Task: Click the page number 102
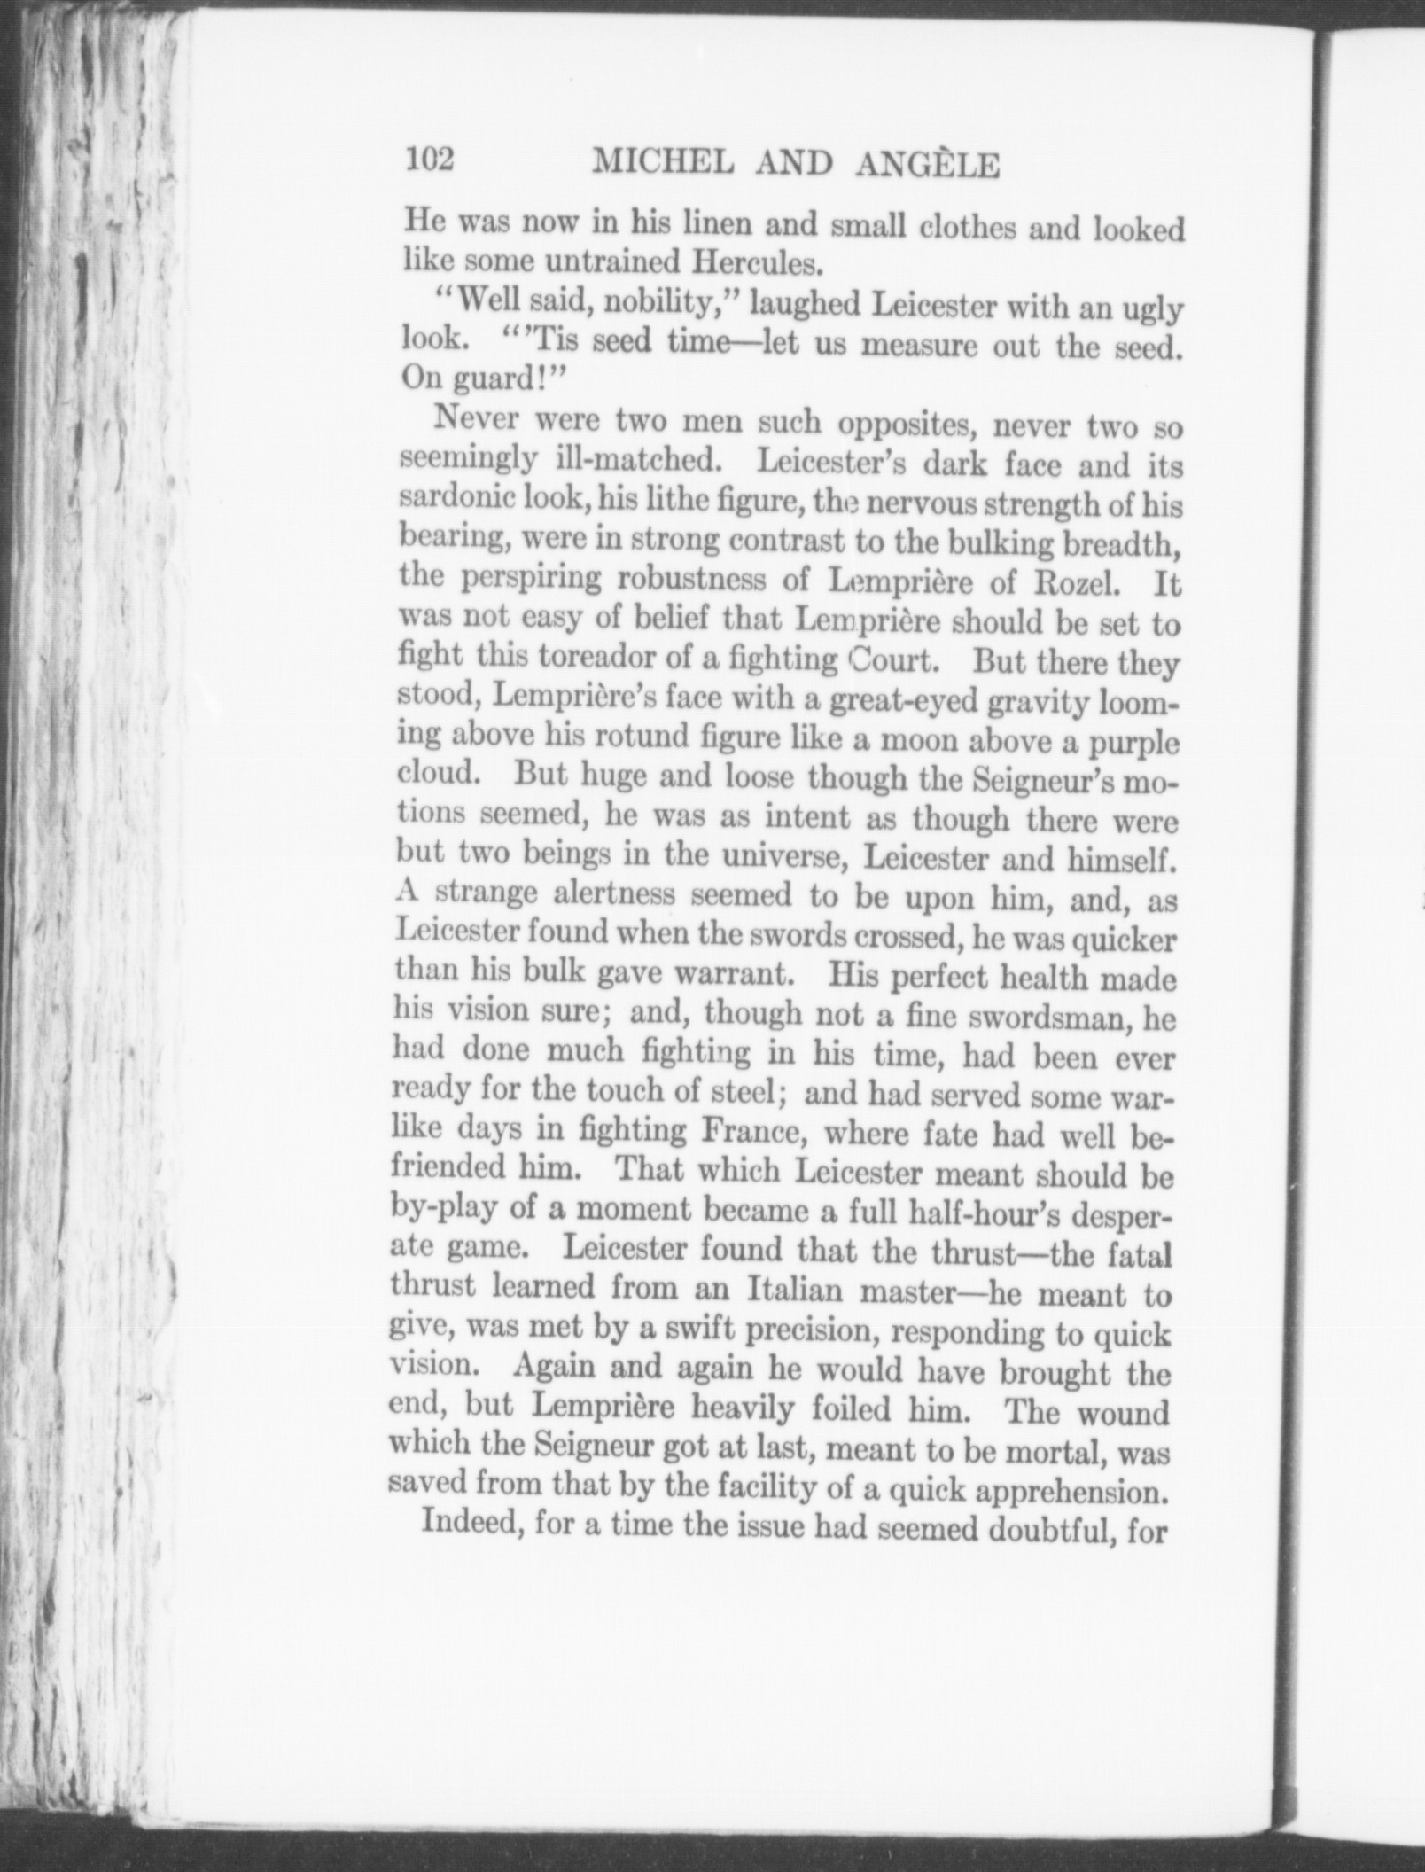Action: [429, 160]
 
